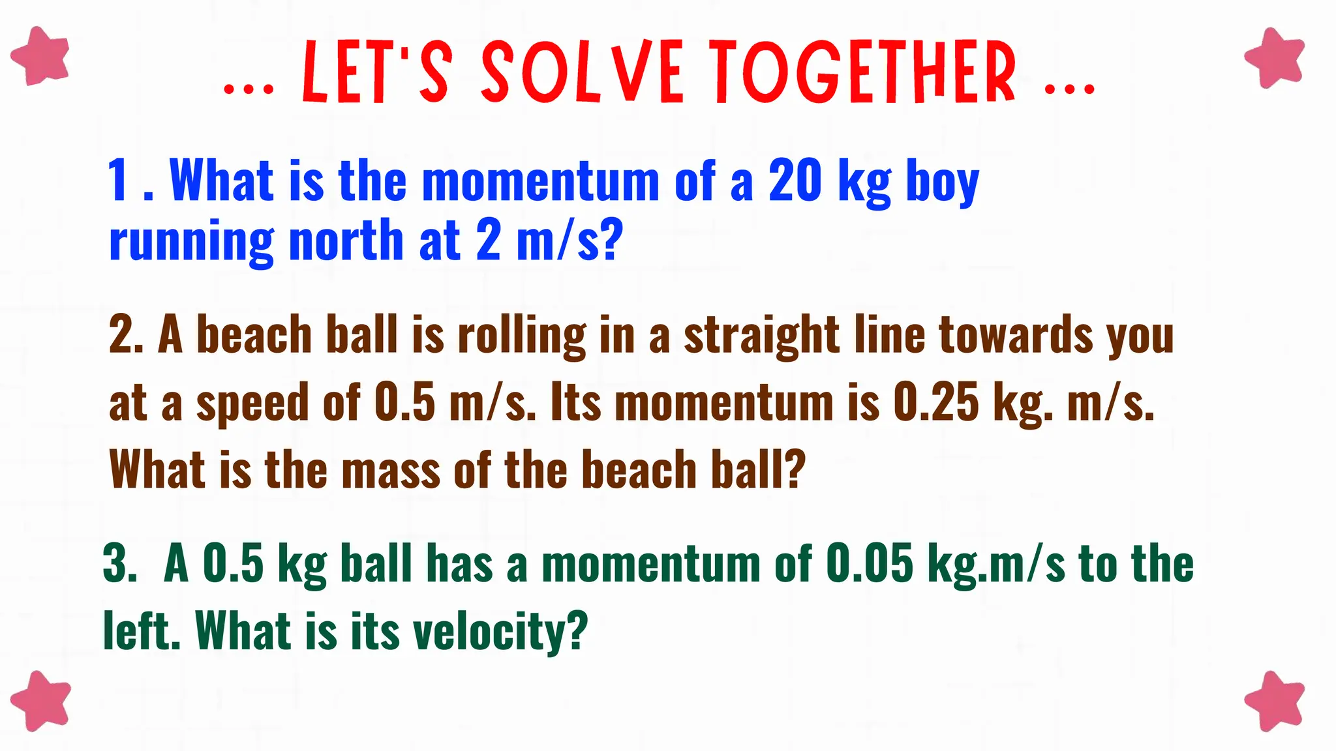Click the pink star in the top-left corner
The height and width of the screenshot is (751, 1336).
pos(40,56)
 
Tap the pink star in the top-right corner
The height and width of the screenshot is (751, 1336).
pos(1275,57)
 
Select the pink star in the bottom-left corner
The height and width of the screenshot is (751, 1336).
pos(40,700)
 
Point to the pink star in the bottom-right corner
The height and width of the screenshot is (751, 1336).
pos(1275,701)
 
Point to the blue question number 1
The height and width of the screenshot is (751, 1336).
pos(119,181)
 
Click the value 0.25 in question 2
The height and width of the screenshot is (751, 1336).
pos(935,402)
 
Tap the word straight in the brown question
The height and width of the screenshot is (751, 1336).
pos(761,336)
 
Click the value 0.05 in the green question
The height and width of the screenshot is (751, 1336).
pos(869,563)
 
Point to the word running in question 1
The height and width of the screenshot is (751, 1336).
pos(191,241)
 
